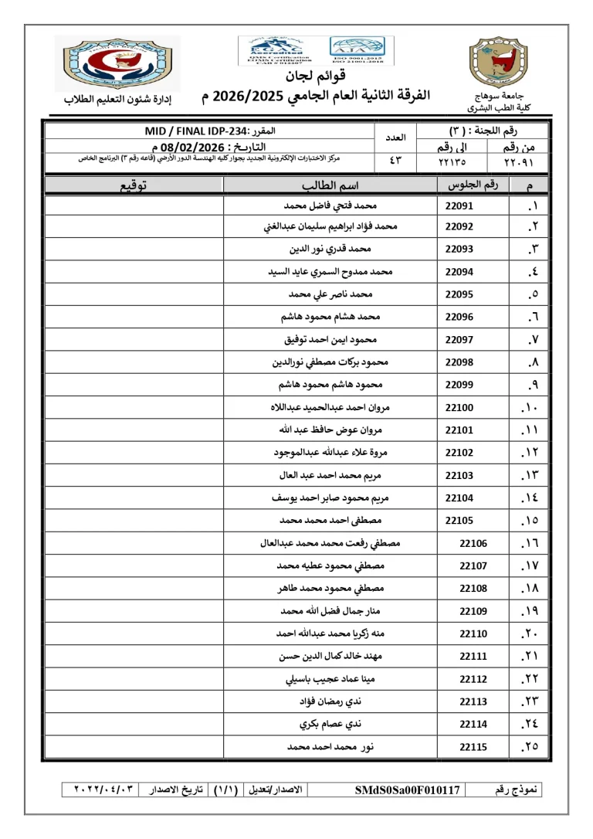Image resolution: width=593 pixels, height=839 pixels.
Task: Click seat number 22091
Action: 459,206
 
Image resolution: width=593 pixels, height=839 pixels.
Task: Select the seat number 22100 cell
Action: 459,407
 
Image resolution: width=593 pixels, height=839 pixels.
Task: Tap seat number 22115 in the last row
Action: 473,747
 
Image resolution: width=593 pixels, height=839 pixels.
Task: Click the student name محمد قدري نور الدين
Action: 330,250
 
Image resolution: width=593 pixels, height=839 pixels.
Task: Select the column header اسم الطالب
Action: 330,185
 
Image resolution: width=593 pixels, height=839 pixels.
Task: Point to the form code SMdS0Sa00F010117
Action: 408,790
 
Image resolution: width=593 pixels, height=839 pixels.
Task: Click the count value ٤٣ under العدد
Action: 395,162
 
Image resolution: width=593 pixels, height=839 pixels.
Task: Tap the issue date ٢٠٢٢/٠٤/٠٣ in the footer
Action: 105,790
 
